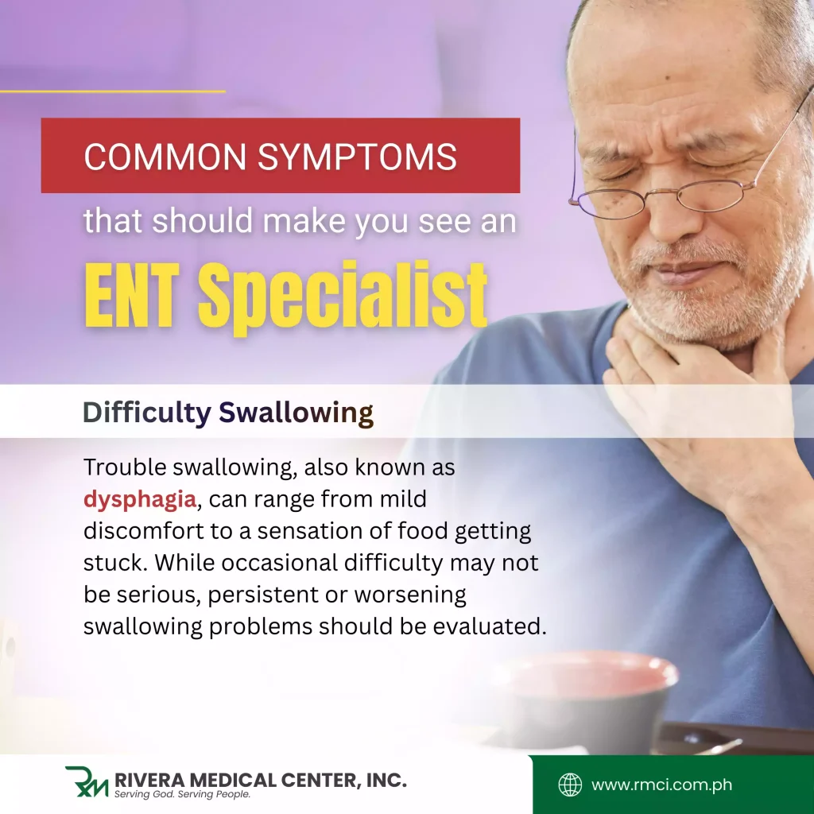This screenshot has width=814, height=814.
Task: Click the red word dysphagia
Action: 140,500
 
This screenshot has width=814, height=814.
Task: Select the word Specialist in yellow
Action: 343,294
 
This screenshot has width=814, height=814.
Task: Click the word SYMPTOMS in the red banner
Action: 357,156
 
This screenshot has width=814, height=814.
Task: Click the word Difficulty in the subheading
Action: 146,413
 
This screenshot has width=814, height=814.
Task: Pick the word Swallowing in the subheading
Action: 296,413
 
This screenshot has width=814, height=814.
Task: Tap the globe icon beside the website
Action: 570,785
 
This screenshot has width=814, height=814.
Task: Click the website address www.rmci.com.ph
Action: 662,785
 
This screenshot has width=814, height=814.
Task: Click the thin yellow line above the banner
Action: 112,91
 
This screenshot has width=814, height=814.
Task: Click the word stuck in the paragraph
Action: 114,563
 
